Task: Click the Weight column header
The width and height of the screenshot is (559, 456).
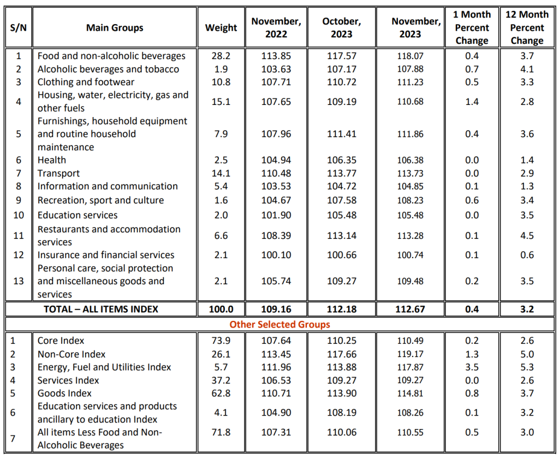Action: (221, 28)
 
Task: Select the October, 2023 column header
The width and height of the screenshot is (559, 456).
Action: (341, 28)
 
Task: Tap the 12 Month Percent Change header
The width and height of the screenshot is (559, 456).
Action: (527, 28)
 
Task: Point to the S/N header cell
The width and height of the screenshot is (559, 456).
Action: (19, 28)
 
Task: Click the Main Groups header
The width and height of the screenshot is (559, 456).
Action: (115, 28)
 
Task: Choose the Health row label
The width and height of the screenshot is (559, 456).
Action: (52, 160)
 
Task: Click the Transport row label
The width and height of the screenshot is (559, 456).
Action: (59, 173)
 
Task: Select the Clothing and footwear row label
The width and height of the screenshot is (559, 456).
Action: (86, 82)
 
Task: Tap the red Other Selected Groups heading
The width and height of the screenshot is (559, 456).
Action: (279, 325)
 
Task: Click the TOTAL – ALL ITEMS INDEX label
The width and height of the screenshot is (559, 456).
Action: (101, 309)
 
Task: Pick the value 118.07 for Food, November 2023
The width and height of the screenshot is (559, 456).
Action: (410, 56)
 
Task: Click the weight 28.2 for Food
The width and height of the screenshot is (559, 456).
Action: (221, 56)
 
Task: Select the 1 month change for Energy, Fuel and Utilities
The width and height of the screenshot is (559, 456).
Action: (472, 367)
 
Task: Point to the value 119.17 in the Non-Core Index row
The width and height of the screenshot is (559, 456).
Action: (410, 354)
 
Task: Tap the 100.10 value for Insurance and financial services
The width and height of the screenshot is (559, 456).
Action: (276, 255)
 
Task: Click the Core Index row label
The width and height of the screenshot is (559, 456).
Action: (61, 341)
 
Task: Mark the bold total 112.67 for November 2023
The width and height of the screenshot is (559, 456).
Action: (410, 309)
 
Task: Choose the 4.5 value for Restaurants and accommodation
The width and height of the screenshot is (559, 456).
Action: (527, 236)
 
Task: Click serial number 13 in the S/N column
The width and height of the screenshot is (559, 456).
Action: (19, 281)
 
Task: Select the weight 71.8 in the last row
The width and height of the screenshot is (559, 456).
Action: (221, 432)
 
